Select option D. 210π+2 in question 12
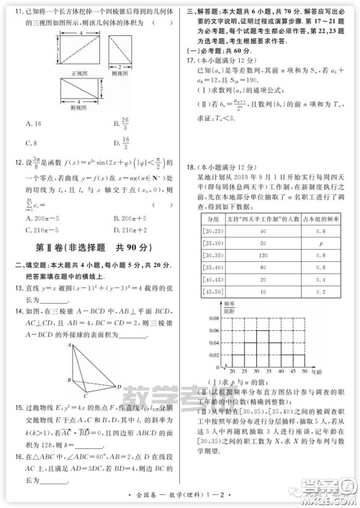[x=130, y=230]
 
